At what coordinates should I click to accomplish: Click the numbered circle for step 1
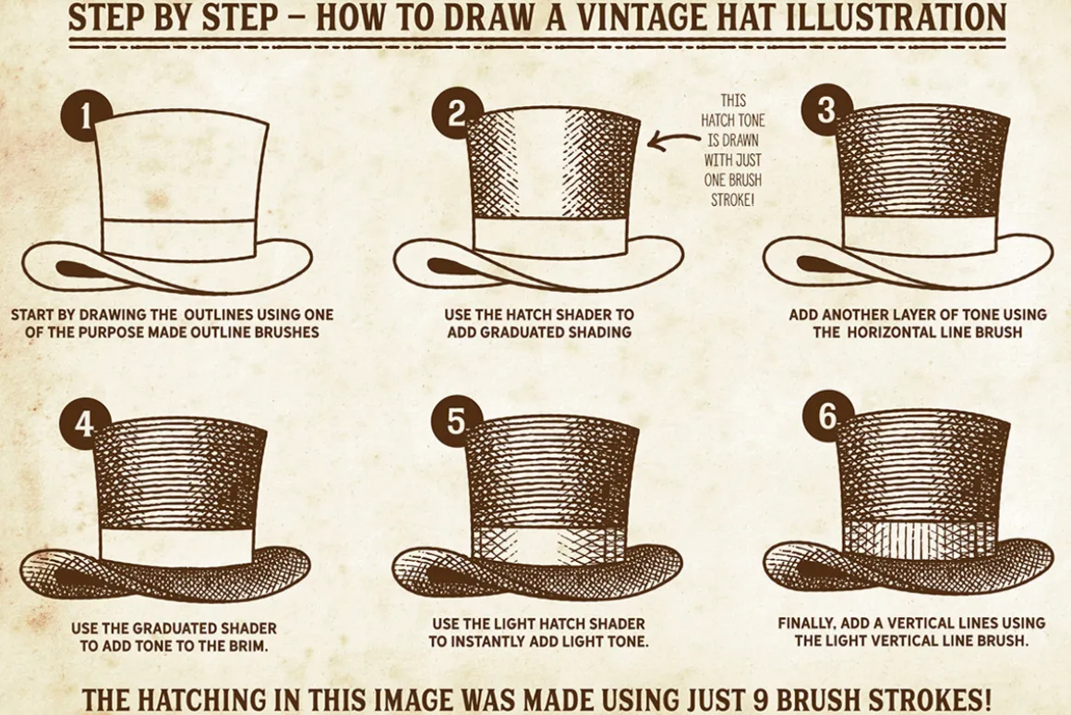[85, 115]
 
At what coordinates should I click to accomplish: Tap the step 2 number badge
[456, 114]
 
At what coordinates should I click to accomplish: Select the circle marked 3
[826, 109]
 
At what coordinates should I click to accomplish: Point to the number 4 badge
[85, 424]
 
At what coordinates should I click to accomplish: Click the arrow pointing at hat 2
[673, 140]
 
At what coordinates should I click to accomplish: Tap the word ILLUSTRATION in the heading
[897, 17]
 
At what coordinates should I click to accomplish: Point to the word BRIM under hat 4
[249, 646]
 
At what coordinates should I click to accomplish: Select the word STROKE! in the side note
[732, 200]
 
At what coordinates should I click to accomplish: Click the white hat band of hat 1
[178, 238]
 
